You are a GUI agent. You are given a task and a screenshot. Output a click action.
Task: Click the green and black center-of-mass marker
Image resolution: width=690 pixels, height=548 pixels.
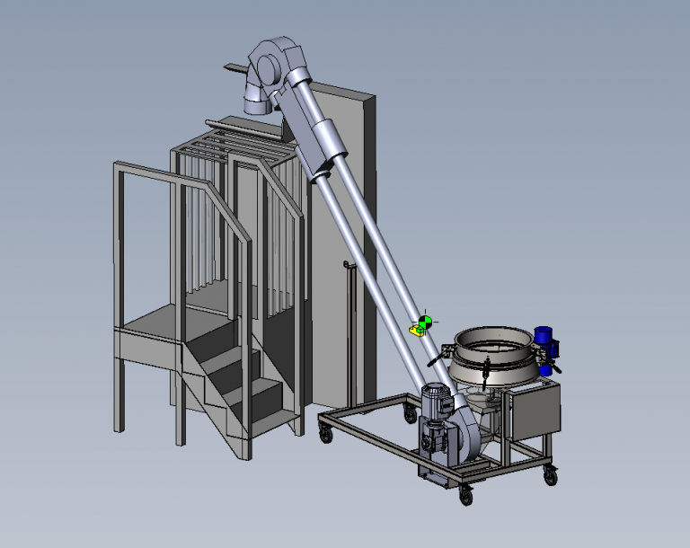tap(425, 321)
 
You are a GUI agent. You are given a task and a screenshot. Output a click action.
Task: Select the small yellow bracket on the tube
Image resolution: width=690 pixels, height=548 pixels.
tap(417, 330)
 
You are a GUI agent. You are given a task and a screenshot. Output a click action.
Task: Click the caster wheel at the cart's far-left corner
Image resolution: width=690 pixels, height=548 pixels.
tap(324, 434)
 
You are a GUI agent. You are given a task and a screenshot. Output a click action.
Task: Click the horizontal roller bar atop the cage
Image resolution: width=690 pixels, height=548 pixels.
tap(239, 128)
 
